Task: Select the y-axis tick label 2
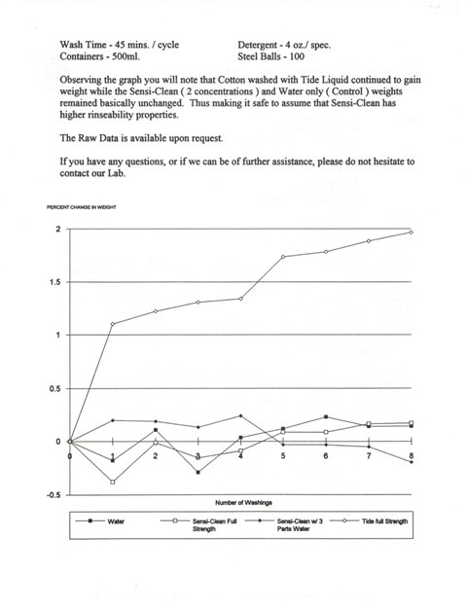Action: tap(59, 229)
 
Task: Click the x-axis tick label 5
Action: tap(283, 455)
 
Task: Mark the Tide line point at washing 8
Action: tap(412, 232)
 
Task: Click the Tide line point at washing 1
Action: tap(113, 324)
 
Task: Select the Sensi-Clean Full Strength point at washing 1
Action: tap(113, 482)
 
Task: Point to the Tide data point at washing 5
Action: tap(283, 257)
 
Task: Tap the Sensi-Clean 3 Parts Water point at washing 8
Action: tap(412, 462)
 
